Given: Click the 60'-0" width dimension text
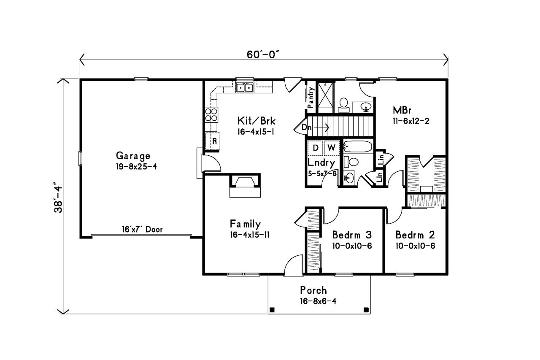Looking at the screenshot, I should pos(264,55).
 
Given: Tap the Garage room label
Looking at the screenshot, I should pos(133,156).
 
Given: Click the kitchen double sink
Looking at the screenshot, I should pos(244,88).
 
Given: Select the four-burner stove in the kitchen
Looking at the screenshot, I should pos(212,115).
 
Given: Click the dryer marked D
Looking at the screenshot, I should pos(315,148).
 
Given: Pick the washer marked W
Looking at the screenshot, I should pos(331,148).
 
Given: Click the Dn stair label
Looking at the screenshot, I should pos(306,127).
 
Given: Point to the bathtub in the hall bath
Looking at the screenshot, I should pos(357,147).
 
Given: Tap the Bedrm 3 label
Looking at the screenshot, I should pos(351,235).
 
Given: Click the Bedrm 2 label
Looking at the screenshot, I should pos(415,235).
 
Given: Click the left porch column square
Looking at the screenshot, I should pos(272,309).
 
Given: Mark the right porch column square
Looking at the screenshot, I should pos(365,309).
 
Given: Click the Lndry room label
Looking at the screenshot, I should pos(321,162).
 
